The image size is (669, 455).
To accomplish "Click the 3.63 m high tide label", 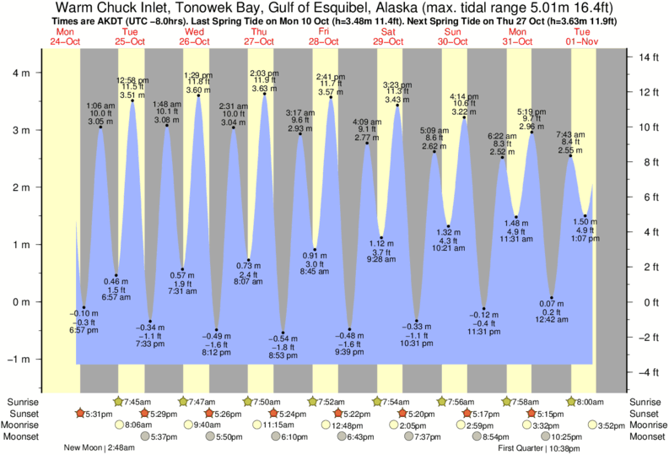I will [264, 89].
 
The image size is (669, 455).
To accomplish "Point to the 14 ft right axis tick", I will [646, 57].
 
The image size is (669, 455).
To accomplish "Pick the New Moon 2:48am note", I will [100, 448].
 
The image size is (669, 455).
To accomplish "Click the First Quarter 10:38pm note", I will [532, 448].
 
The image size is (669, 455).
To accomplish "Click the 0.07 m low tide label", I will [551, 303].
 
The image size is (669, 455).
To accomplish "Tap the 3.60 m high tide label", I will [198, 89].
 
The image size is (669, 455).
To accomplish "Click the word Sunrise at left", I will [22, 401].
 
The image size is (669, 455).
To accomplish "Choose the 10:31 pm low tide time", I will [417, 344].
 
